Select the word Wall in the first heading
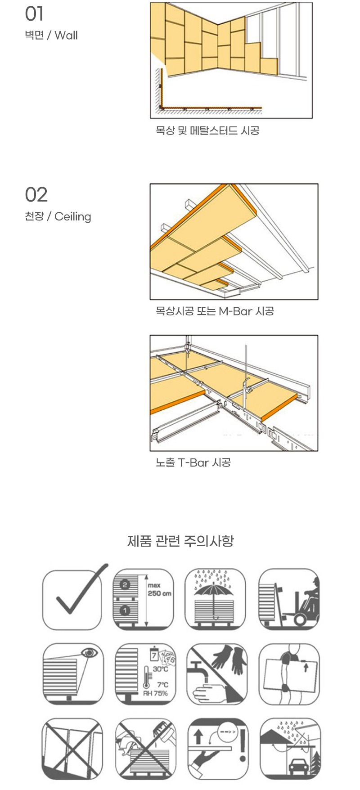tap(66, 36)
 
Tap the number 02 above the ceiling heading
tap(36, 195)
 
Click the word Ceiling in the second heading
tap(72, 217)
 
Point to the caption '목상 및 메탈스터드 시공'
tap(207, 131)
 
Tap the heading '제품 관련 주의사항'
tap(180, 540)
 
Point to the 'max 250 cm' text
tap(159, 590)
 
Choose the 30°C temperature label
tap(160, 669)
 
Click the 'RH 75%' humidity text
tap(155, 693)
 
